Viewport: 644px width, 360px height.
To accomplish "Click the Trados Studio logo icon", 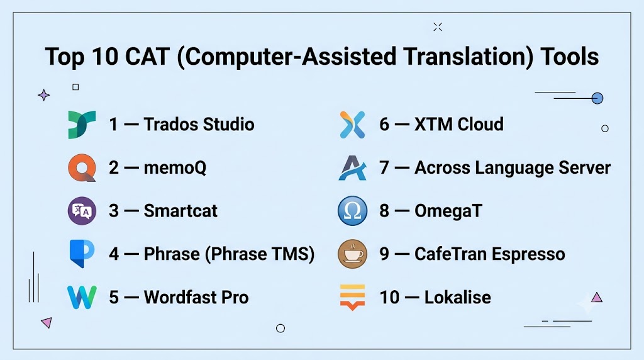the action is tap(82, 124).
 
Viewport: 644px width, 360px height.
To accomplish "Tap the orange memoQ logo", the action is tap(82, 167).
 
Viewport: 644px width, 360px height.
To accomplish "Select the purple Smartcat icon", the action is tap(82, 211).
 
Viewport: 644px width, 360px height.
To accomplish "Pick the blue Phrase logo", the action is tap(82, 254).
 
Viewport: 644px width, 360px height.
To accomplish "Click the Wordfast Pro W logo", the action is tap(82, 297).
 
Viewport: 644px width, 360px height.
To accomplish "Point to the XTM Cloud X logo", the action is tap(352, 125).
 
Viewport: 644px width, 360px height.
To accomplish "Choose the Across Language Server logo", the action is tap(352, 167).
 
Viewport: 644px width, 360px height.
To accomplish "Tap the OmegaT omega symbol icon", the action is tap(352, 211).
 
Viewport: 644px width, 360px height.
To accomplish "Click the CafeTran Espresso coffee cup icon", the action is tap(352, 254).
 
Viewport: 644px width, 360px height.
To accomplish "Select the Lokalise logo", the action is tap(352, 297).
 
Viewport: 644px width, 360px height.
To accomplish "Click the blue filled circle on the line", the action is tap(597, 98).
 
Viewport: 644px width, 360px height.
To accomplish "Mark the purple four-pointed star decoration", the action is tap(44, 95).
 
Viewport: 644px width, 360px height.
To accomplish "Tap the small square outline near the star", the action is tap(75, 87).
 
